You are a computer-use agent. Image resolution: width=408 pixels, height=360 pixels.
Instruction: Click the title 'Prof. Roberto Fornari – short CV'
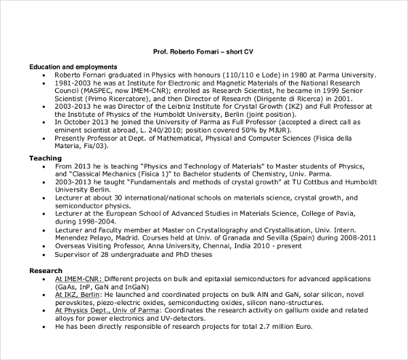(204, 51)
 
